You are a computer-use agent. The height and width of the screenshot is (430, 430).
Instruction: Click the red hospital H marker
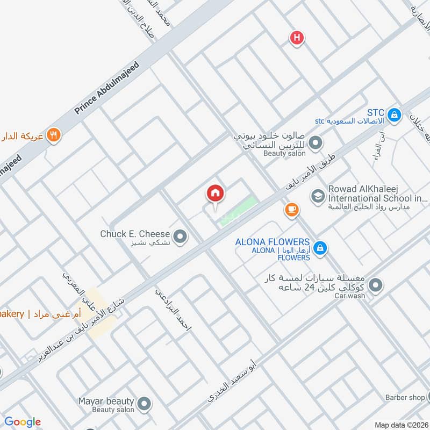(296, 38)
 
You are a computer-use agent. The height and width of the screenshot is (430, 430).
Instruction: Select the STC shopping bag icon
(394, 114)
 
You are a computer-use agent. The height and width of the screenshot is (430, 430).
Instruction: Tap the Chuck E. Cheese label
(135, 234)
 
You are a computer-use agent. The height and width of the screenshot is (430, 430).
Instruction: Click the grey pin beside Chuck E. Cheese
(181, 235)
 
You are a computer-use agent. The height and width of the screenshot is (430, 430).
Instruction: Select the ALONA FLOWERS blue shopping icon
(320, 247)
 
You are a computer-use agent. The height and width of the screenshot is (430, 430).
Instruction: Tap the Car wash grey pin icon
(376, 284)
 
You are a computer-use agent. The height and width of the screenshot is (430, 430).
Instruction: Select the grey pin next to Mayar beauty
(144, 403)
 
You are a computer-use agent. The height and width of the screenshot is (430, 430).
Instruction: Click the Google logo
(23, 422)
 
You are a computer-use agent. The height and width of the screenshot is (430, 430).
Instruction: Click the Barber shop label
(404, 398)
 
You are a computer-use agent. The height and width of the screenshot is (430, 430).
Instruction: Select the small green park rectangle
(237, 211)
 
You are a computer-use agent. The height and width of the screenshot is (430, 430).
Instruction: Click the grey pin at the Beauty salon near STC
(316, 144)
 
